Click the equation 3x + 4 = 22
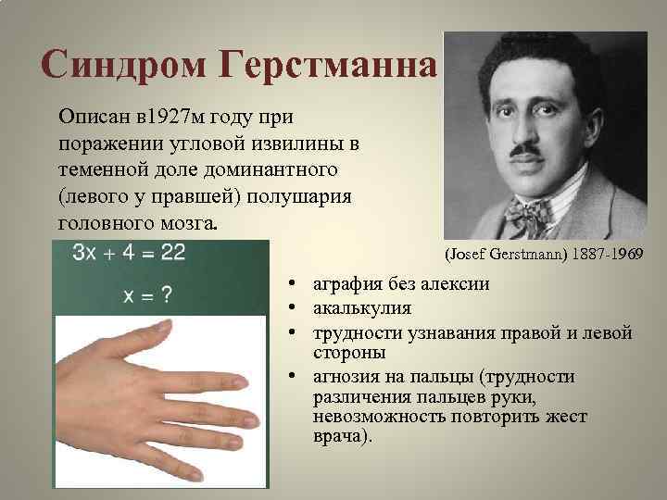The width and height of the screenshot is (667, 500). click(x=130, y=253)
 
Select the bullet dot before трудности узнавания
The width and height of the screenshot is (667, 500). click(x=291, y=331)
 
